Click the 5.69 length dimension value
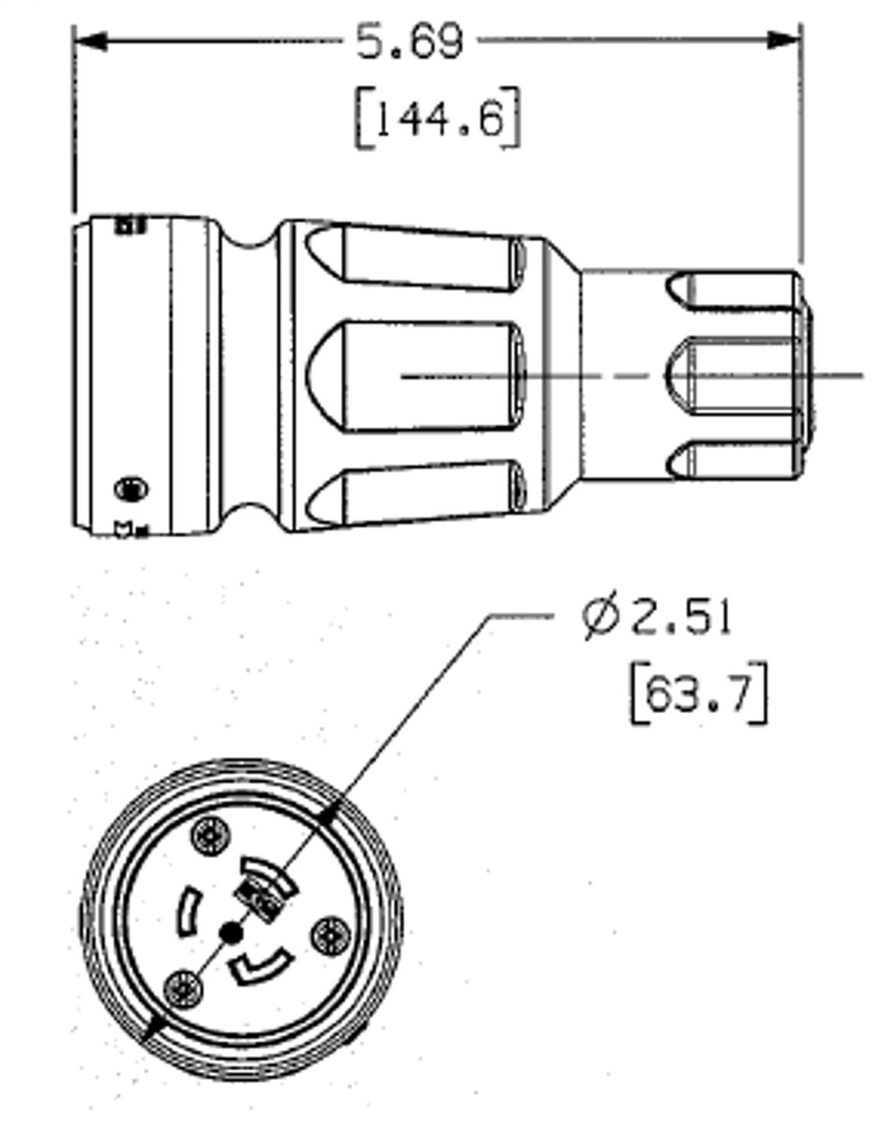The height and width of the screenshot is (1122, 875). click(x=409, y=42)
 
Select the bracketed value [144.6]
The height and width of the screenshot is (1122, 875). click(x=437, y=119)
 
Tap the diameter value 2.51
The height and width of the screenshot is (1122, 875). click(x=681, y=617)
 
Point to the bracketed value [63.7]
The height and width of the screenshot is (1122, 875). click(x=698, y=694)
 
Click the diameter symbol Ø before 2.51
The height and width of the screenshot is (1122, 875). click(x=601, y=617)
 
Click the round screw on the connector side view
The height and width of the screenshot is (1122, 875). click(x=130, y=488)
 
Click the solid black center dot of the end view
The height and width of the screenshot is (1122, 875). click(x=230, y=932)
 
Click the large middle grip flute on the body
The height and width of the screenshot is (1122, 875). click(x=416, y=376)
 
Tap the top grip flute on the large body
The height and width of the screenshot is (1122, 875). click(x=416, y=253)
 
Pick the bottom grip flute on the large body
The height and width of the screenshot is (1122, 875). click(x=416, y=493)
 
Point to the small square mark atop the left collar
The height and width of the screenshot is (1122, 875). click(x=129, y=224)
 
